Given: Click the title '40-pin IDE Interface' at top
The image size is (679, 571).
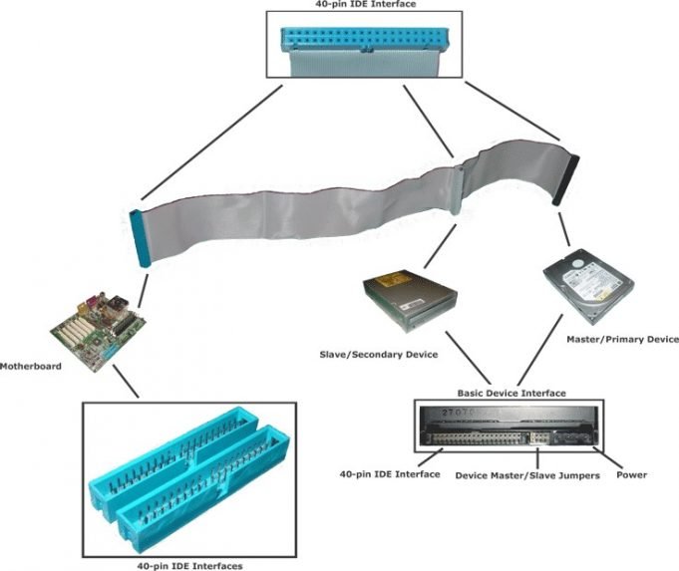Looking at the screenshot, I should pyautogui.click(x=338, y=5).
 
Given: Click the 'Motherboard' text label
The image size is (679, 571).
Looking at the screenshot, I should pyautogui.click(x=31, y=367).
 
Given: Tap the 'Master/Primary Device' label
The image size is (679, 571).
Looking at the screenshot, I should pyautogui.click(x=621, y=340).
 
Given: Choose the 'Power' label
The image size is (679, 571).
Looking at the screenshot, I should pyautogui.click(x=631, y=474).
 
